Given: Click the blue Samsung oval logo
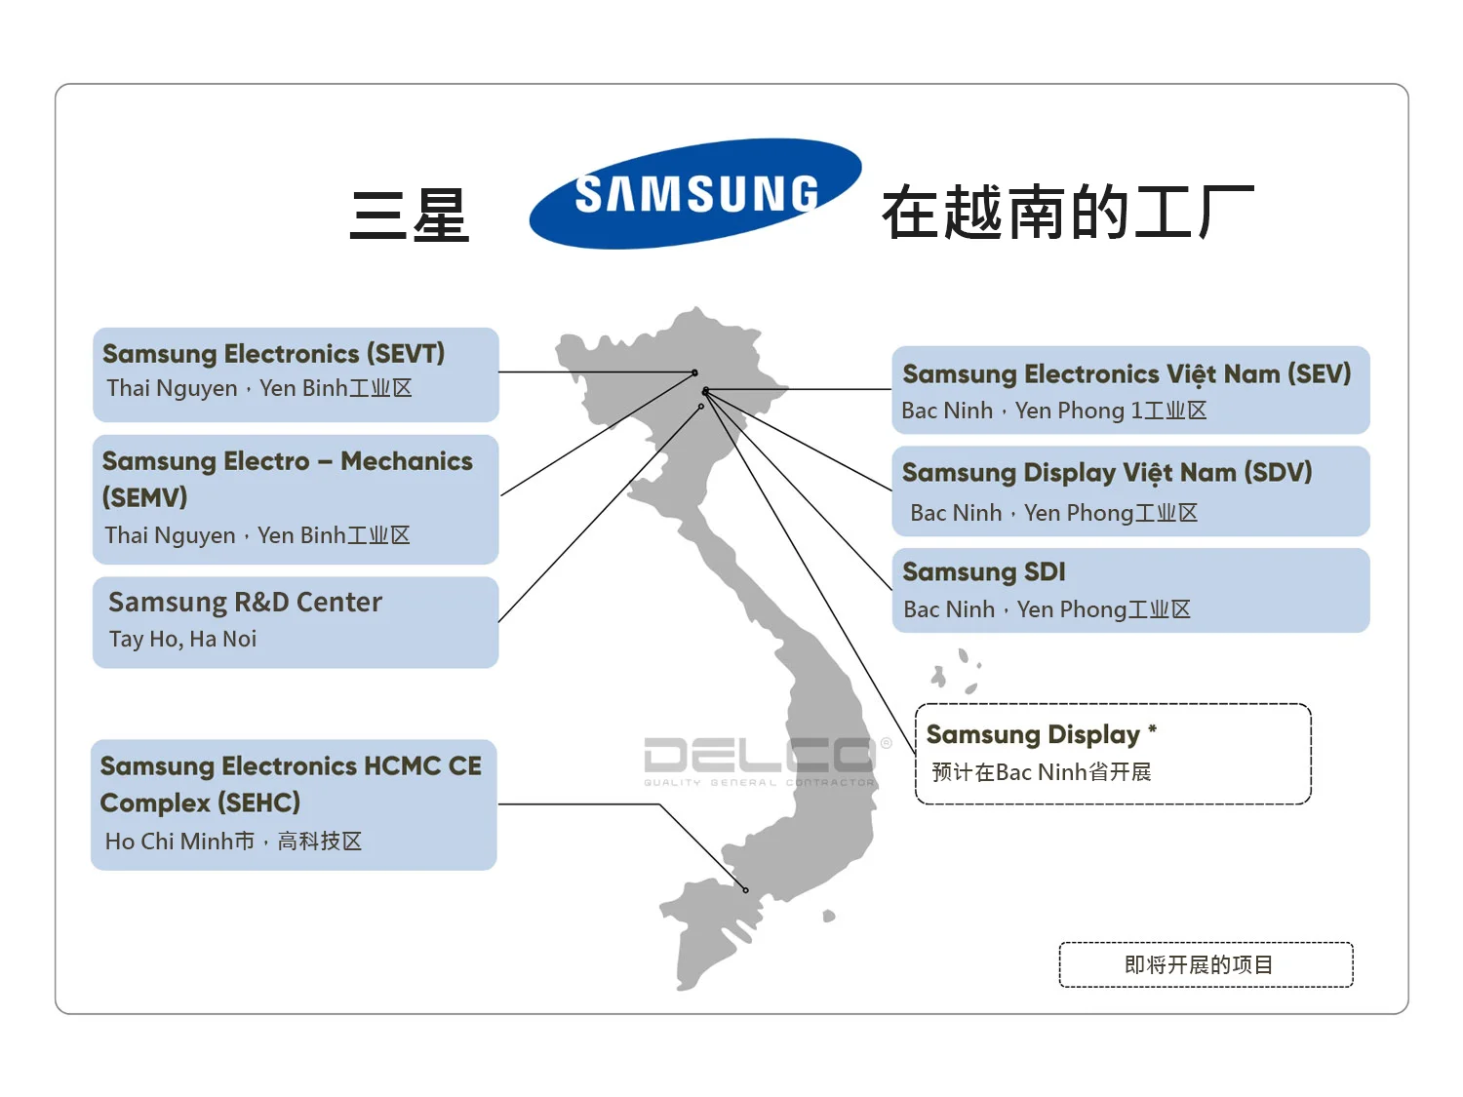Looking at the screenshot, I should click(x=694, y=193).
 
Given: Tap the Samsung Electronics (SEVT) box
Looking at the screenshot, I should click(x=296, y=373).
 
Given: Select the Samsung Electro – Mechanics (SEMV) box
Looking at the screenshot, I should click(x=296, y=499).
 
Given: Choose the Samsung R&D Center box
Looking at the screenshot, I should click(x=296, y=622).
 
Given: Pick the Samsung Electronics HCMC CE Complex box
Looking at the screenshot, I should click(x=294, y=804).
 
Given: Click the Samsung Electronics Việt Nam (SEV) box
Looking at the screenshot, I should click(x=1130, y=390).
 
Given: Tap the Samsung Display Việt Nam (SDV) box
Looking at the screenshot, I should click(x=1130, y=491).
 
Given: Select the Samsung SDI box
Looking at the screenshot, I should click(x=1130, y=590).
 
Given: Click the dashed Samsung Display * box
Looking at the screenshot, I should click(x=1113, y=754).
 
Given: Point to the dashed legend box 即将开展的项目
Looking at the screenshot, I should click(x=1206, y=964).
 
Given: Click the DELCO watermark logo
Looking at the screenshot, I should click(x=761, y=760).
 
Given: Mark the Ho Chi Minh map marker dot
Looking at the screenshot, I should click(x=746, y=890).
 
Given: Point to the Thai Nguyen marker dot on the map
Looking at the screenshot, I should click(x=694, y=372).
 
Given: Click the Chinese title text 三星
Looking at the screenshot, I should click(x=410, y=215).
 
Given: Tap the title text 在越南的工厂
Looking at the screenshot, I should click(x=1068, y=213).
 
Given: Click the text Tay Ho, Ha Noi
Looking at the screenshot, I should click(x=182, y=640).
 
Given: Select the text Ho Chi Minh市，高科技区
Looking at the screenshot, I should click(x=233, y=842).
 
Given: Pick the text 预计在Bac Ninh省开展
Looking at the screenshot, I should click(x=1041, y=773).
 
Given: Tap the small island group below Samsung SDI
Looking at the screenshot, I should click(x=955, y=672).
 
